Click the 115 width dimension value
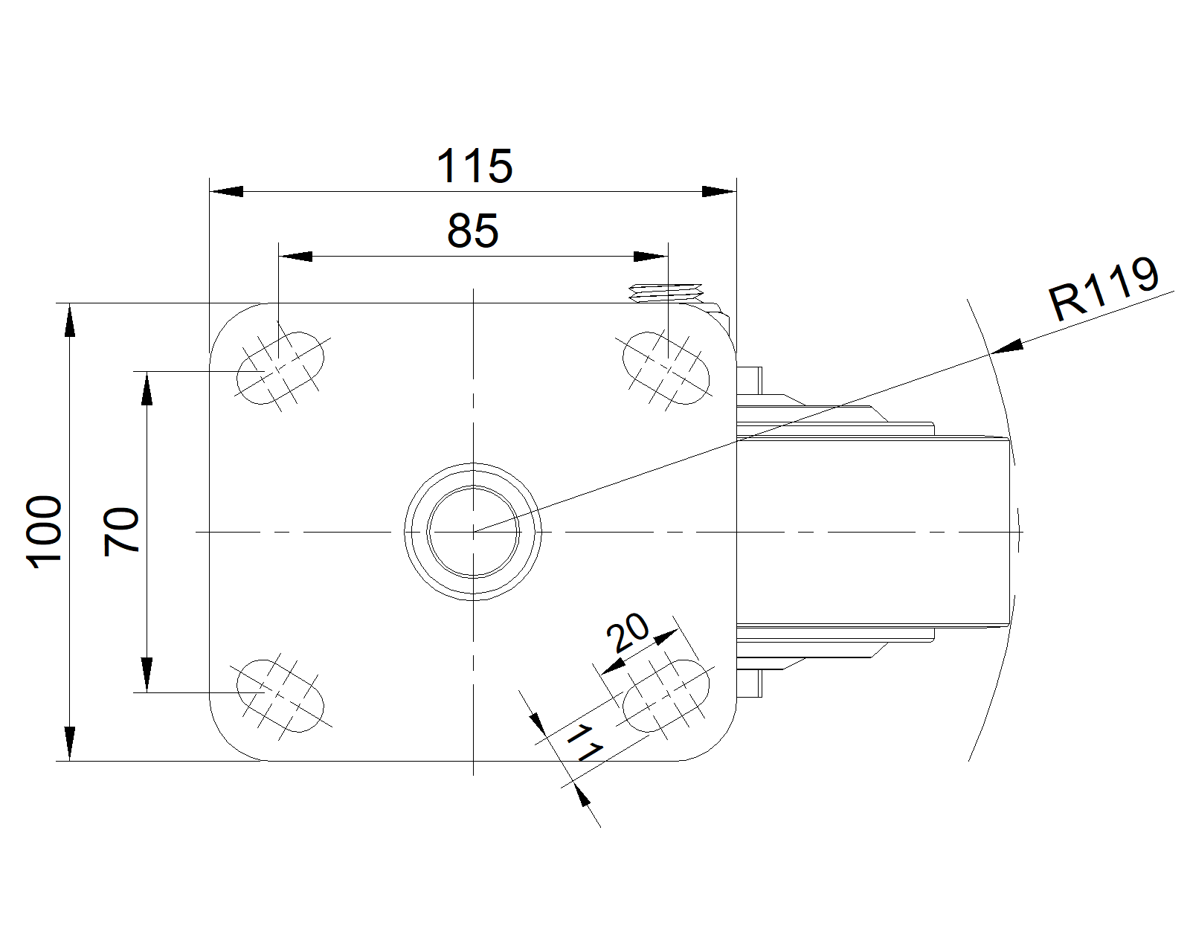(475, 166)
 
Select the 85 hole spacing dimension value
(473, 231)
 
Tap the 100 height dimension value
(44, 532)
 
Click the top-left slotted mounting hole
(280, 368)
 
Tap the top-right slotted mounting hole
(666, 368)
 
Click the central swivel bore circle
(473, 532)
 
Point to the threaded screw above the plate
(666, 292)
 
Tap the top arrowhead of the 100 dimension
(69, 320)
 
